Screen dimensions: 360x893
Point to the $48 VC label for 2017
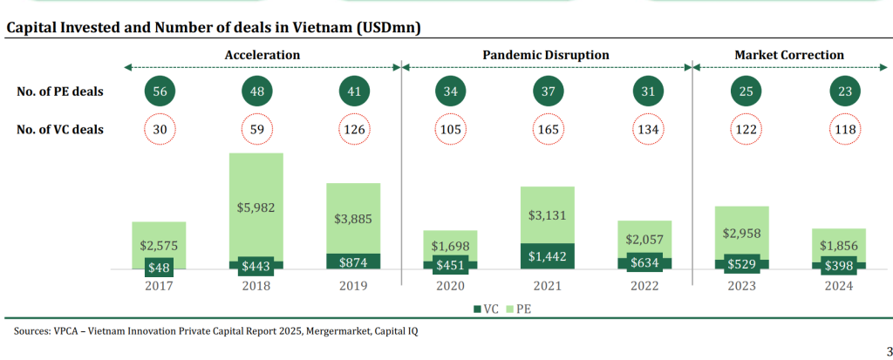pyautogui.click(x=159, y=267)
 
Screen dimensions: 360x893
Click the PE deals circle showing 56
pyautogui.click(x=159, y=92)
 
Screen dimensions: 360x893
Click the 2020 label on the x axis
pyautogui.click(x=451, y=286)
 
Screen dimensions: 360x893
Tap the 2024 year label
pyautogui.click(x=839, y=286)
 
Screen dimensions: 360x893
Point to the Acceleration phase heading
pyautogui.click(x=262, y=55)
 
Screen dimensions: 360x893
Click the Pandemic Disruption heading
pyautogui.click(x=546, y=55)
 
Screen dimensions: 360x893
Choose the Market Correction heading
pyautogui.click(x=789, y=55)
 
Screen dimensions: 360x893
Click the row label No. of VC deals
pyautogui.click(x=60, y=130)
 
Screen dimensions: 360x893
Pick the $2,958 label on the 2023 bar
pyautogui.click(x=741, y=234)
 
